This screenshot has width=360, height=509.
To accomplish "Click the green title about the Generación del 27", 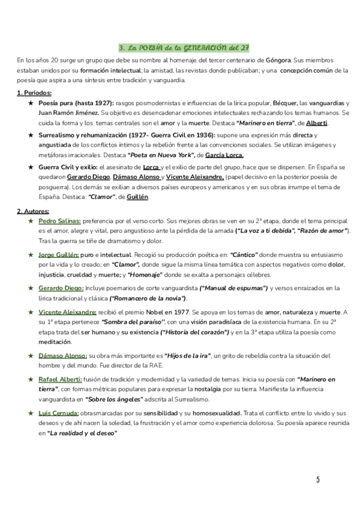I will point(181,47).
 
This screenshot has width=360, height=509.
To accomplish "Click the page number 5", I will point(318,480).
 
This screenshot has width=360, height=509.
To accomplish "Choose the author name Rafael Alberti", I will point(60,379).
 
